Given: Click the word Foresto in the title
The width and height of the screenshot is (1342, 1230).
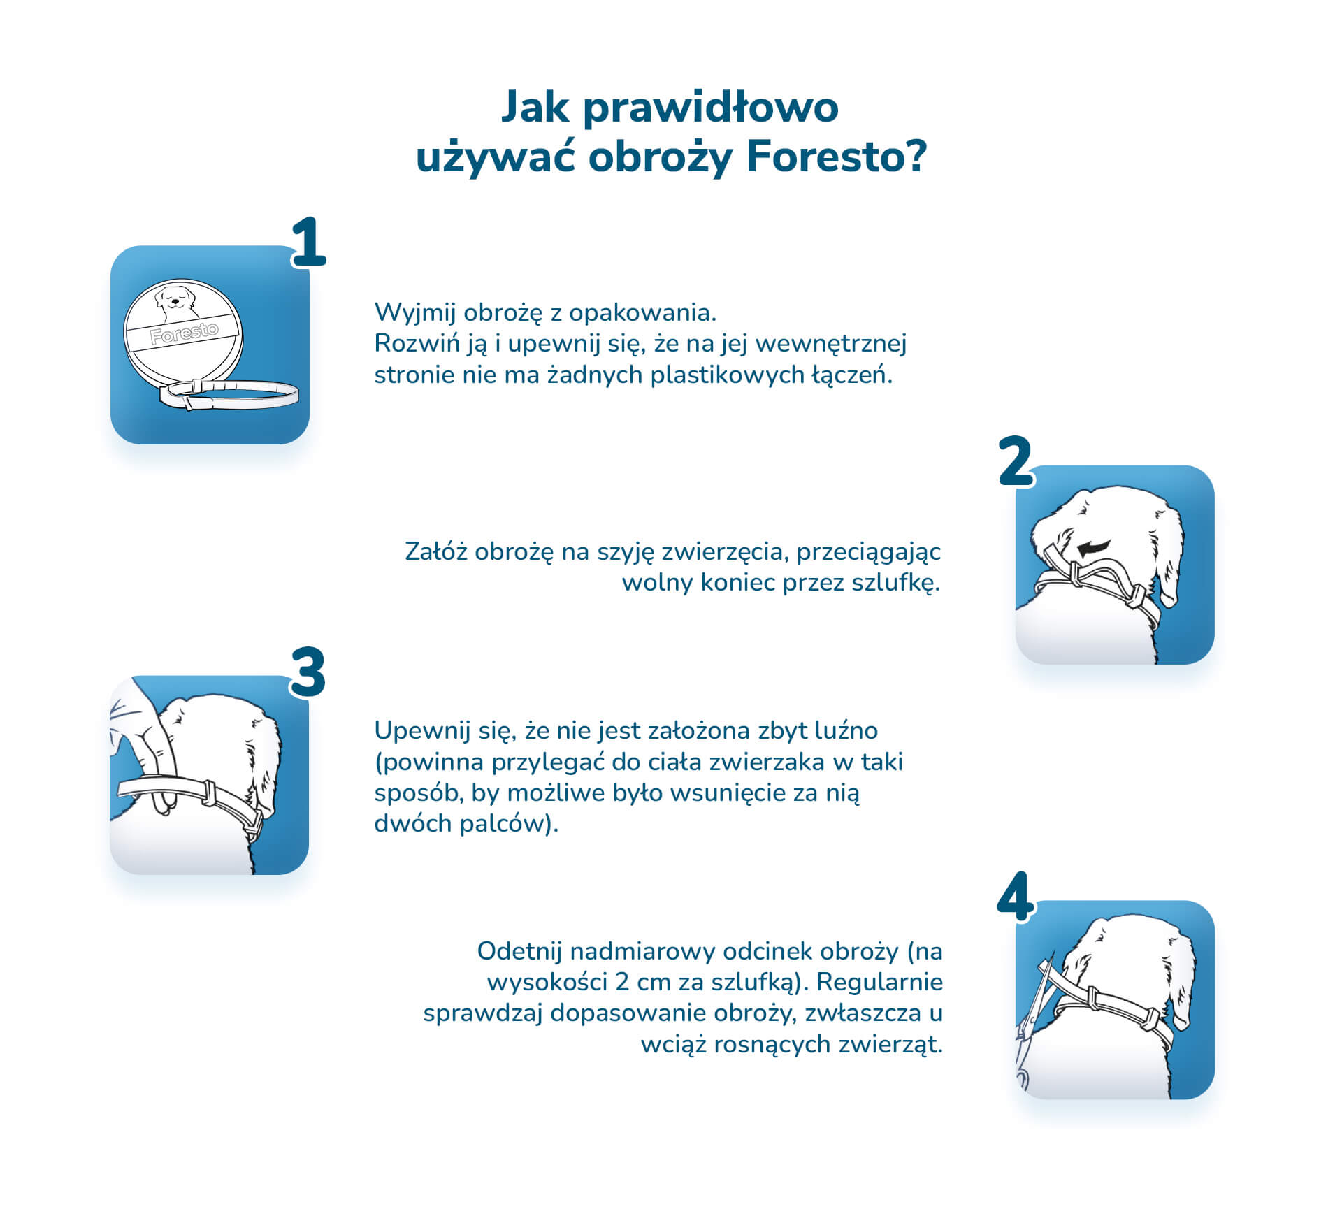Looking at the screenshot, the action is coord(837,156).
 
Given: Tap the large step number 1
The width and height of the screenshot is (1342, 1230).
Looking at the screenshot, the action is coord(309,242).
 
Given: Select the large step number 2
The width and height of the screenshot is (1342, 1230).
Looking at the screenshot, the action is coord(1016,461).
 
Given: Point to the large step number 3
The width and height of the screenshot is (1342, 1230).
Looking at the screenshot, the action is coord(308,672).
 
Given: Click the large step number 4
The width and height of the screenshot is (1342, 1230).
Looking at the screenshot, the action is coord(1015,897).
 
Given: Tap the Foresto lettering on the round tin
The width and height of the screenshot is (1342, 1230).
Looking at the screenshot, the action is coord(185,333).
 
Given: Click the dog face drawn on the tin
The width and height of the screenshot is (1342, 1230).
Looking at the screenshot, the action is coord(176,301).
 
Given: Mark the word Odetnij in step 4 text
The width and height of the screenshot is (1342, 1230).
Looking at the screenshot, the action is coord(519,952).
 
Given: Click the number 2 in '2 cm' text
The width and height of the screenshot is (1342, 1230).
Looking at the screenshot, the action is coord(622,983).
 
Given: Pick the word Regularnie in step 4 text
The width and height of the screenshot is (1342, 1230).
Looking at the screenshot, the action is coord(879,983).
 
